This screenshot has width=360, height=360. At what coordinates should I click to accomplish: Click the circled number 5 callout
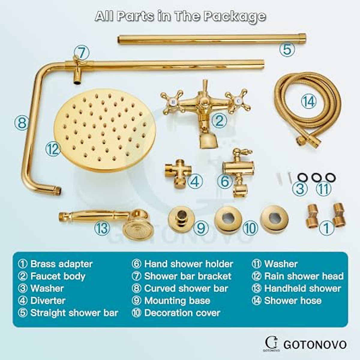pos(287,49)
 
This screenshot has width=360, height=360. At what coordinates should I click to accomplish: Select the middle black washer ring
pos(316,178)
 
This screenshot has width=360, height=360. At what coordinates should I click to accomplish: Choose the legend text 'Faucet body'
pos(58,276)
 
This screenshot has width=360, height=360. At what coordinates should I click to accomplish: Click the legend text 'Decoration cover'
pos(182,313)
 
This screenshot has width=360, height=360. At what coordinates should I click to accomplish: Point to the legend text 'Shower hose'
pos(292,301)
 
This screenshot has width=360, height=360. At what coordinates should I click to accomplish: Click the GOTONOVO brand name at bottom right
pos(315,344)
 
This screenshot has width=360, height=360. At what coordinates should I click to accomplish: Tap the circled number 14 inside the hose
pos(309,102)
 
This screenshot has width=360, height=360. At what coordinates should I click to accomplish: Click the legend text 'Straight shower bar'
pos(74,313)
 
